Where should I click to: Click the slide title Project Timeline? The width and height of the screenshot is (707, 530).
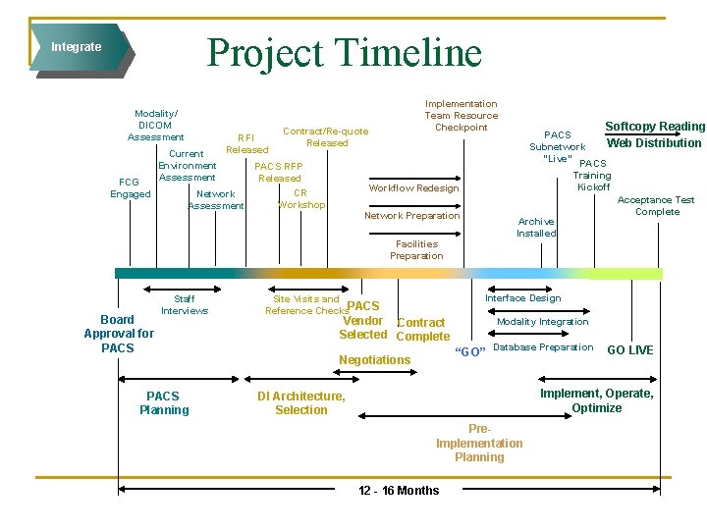pos(344,53)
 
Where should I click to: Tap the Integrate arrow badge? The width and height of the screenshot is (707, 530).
pos(79,47)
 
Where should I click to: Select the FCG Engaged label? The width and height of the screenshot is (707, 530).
pos(130,187)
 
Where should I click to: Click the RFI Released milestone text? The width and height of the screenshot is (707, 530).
pos(246,143)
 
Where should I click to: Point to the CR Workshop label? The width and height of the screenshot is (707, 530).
pos(300,199)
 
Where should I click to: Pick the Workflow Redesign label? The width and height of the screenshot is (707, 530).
pos(413,187)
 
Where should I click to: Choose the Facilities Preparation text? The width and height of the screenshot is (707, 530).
pos(416,249)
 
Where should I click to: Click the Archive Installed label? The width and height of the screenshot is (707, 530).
pos(536,228)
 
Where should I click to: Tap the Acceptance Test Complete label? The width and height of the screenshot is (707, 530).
pos(657,205)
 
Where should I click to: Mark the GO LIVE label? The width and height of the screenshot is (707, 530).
pos(629,350)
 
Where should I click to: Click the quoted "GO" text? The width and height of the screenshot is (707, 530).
pos(470,351)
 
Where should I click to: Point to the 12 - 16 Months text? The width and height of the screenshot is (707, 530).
pos(399,490)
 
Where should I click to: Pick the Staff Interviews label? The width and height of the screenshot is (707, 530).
pos(185,304)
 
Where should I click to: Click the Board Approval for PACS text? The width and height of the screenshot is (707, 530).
pos(118,334)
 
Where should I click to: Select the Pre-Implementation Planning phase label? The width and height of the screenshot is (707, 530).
pos(479,443)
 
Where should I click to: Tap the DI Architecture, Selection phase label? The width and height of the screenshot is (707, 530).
pos(300,403)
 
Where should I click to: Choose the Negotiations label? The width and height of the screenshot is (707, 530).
pos(374,360)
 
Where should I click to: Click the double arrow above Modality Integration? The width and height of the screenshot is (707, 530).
pos(539,309)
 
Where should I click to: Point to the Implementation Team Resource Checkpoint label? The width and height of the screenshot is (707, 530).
pos(461,115)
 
